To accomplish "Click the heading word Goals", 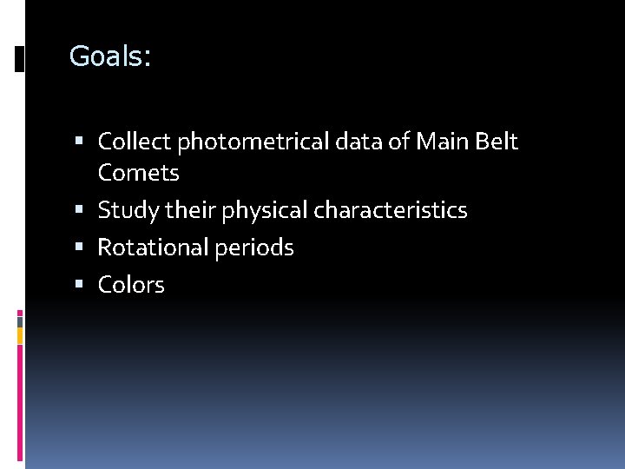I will point(109,57).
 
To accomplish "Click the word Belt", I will point(497,142).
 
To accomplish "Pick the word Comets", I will point(139,173).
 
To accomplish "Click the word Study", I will point(126,210).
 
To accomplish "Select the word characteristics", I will point(391,210).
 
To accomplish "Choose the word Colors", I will point(131,285).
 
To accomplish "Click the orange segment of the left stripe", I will point(20,335).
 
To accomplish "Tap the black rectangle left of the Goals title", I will point(20,58).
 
